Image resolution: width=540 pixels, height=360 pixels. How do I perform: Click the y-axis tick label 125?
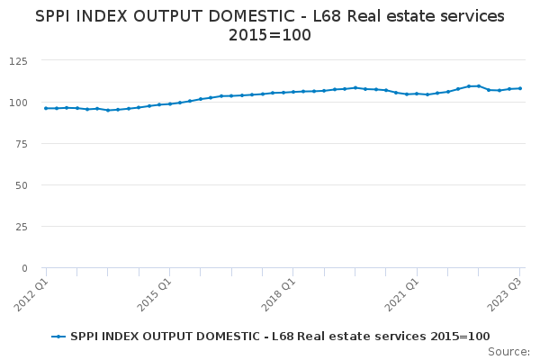pos(18,61)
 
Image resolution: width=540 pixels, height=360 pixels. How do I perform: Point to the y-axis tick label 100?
pos(18,103)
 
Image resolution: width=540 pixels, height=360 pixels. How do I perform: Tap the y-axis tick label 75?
pos(22,144)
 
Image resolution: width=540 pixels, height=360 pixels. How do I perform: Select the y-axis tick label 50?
pos(22,185)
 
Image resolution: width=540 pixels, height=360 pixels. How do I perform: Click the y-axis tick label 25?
pos(22,227)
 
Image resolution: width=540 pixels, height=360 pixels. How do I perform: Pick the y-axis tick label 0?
pos(24,268)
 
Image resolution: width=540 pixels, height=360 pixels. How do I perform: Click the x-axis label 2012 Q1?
pos(31,294)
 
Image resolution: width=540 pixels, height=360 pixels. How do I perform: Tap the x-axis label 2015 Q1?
pos(154,294)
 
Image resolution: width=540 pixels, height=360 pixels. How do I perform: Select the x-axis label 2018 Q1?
pos(278,294)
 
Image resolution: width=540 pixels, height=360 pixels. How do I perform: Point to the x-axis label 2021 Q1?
pos(401,294)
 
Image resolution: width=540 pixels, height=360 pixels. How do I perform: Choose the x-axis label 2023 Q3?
pos(505,294)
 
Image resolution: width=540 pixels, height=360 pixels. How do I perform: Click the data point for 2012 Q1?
pos(46,108)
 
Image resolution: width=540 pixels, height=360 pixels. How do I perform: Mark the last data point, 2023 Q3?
pos(520,88)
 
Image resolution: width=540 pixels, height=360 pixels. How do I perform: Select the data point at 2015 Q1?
pos(170,104)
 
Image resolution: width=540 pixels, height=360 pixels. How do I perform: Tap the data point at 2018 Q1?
pos(293,92)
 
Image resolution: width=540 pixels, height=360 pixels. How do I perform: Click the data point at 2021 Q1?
pos(417,94)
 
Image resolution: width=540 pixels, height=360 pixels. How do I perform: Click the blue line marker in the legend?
pos(58,337)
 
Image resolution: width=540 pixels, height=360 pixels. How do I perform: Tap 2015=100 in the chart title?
pos(270,35)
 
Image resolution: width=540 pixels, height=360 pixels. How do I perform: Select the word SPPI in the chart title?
pos(53,16)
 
